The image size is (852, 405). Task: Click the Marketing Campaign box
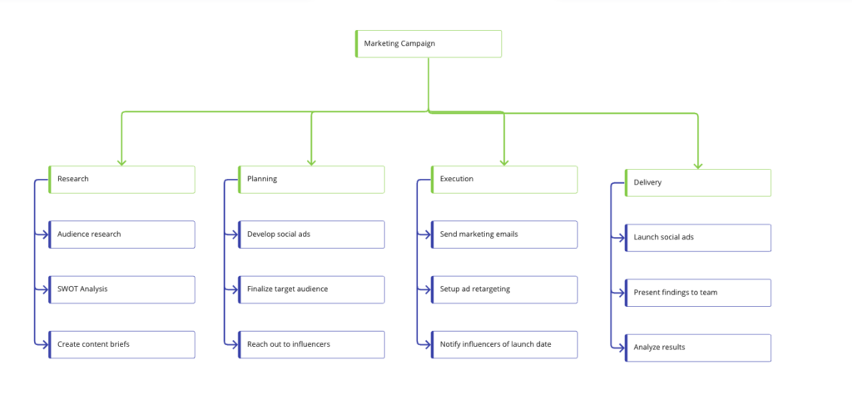(428, 43)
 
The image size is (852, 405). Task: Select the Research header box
(121, 179)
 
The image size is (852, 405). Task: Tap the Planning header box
(311, 179)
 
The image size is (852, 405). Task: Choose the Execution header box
(504, 179)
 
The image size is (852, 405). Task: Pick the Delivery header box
(698, 182)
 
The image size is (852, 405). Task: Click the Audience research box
(121, 235)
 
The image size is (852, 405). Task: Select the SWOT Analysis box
(121, 289)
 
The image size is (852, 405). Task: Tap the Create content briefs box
(121, 344)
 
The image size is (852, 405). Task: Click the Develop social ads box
(311, 235)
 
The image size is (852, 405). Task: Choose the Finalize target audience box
(311, 289)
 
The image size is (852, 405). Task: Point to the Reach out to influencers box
(311, 344)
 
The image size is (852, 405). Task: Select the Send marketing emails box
(504, 235)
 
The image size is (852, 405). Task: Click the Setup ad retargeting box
(504, 289)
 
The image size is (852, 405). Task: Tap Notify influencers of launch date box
(504, 344)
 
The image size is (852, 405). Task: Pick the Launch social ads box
(698, 238)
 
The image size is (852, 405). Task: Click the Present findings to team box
(698, 293)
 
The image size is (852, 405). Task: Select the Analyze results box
(698, 348)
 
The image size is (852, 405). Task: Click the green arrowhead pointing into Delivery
(698, 165)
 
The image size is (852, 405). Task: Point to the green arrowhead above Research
(121, 162)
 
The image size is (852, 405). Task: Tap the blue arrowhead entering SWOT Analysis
(45, 289)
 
